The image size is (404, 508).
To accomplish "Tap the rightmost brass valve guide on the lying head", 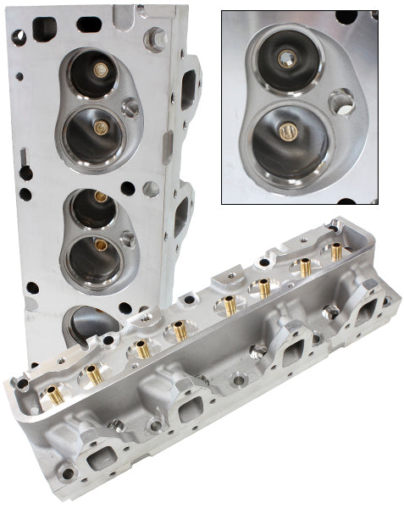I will pos(336,251).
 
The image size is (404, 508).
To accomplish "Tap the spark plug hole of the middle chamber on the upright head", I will pos(128,239).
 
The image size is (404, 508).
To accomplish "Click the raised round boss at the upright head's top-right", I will pos(155,38).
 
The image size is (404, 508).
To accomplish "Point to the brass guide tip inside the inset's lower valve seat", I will pos(285,131).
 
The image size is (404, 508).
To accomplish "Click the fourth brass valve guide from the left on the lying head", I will pos(180,332).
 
